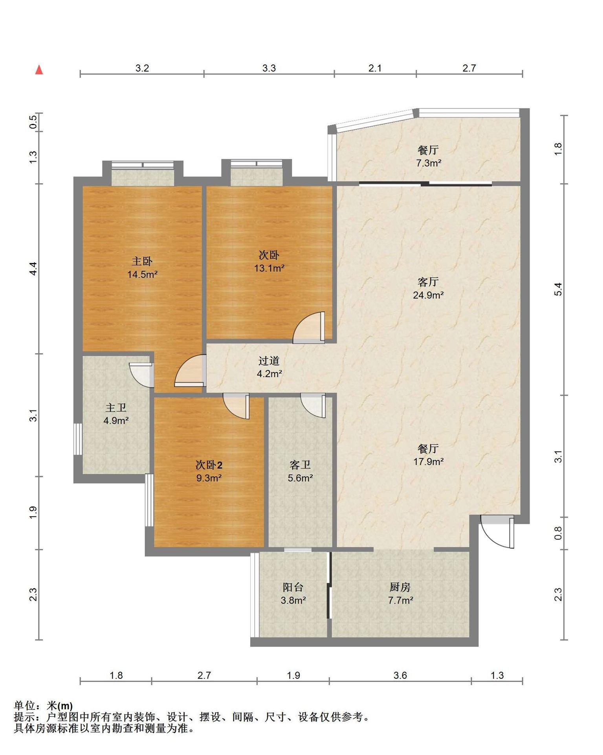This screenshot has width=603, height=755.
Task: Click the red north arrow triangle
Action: click(39, 70)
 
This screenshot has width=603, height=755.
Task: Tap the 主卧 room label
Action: click(142, 261)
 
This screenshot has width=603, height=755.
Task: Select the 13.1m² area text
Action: click(269, 268)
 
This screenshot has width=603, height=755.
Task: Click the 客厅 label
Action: click(428, 282)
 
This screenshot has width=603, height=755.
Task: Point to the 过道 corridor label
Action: click(269, 361)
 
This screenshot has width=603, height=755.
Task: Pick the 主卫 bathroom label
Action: click(116, 407)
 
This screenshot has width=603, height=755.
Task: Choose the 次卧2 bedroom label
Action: click(209, 465)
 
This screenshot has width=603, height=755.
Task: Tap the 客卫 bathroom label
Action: click(300, 465)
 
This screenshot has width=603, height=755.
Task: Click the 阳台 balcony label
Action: click(293, 587)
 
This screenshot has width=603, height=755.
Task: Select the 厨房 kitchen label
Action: click(400, 587)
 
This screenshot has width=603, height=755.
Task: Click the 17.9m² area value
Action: click(428, 462)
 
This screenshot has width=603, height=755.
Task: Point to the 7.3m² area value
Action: click(429, 163)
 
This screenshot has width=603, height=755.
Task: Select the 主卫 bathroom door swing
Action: click(141, 375)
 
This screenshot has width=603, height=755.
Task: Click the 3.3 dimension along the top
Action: click(269, 68)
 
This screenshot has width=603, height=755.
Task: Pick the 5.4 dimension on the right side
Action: click(558, 289)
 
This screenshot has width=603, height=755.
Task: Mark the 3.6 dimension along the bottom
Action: click(400, 675)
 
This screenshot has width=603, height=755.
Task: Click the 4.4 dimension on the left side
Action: click(33, 268)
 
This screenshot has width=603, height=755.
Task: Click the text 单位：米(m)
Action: click(43, 706)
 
